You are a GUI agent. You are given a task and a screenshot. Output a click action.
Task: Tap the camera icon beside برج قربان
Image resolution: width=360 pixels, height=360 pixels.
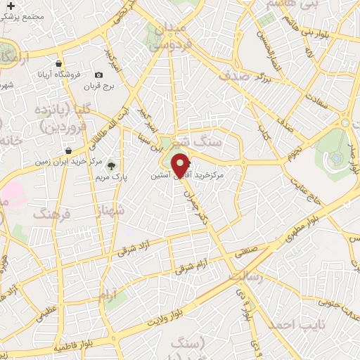(x=98, y=75)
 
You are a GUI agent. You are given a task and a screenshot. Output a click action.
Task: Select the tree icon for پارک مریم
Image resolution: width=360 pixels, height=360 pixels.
(x=111, y=166)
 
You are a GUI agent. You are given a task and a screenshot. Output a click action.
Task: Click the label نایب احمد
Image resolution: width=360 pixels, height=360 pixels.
(x=286, y=324)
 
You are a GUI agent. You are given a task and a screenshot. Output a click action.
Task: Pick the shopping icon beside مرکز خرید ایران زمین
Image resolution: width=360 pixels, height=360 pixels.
(x=67, y=150)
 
